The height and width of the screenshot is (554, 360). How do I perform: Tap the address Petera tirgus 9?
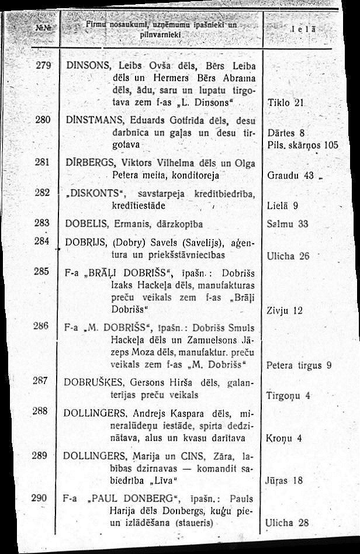(299, 366)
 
